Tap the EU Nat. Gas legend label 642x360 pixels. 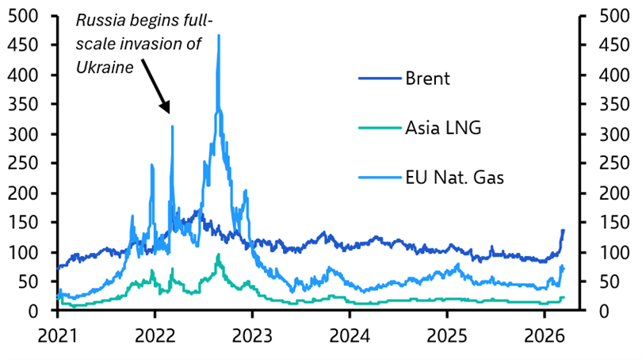pyautogui.click(x=454, y=178)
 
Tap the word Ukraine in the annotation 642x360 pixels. pyautogui.click(x=104, y=68)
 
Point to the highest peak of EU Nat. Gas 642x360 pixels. pyautogui.click(x=219, y=36)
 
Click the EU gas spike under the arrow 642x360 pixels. pyautogui.click(x=172, y=126)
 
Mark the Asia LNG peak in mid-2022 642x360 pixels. pyautogui.click(x=219, y=255)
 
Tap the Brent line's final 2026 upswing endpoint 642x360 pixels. pyautogui.click(x=563, y=230)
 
